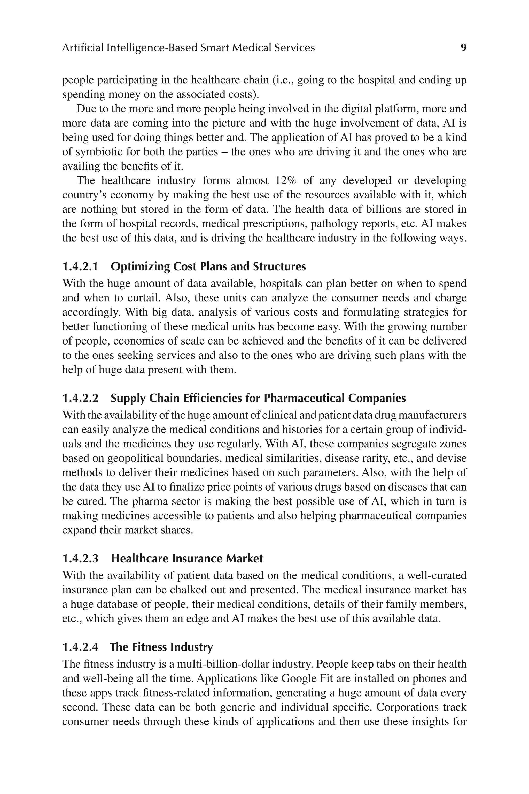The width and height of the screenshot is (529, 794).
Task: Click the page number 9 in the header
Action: (x=463, y=48)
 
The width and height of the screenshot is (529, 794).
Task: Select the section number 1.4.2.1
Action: (x=80, y=266)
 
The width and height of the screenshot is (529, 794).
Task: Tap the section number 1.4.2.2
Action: (x=80, y=398)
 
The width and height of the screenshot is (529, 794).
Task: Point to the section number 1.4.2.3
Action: (x=80, y=558)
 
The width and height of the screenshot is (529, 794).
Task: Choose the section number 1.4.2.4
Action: (x=80, y=647)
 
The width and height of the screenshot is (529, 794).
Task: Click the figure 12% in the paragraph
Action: (x=285, y=181)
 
